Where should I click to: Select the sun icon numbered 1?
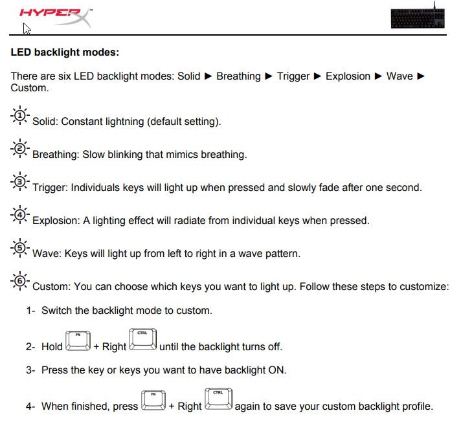coord(20,117)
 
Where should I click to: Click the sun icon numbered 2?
coord(20,150)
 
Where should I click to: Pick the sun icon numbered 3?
coord(20,183)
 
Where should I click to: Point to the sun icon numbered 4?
coord(20,216)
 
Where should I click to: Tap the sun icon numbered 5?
coord(20,249)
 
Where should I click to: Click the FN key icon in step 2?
coord(78,342)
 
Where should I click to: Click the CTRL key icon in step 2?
coord(142,340)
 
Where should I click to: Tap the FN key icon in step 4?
coord(153,401)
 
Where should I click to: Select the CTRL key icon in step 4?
coord(218,400)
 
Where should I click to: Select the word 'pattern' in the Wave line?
coord(282,254)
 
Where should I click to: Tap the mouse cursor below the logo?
coord(27,28)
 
